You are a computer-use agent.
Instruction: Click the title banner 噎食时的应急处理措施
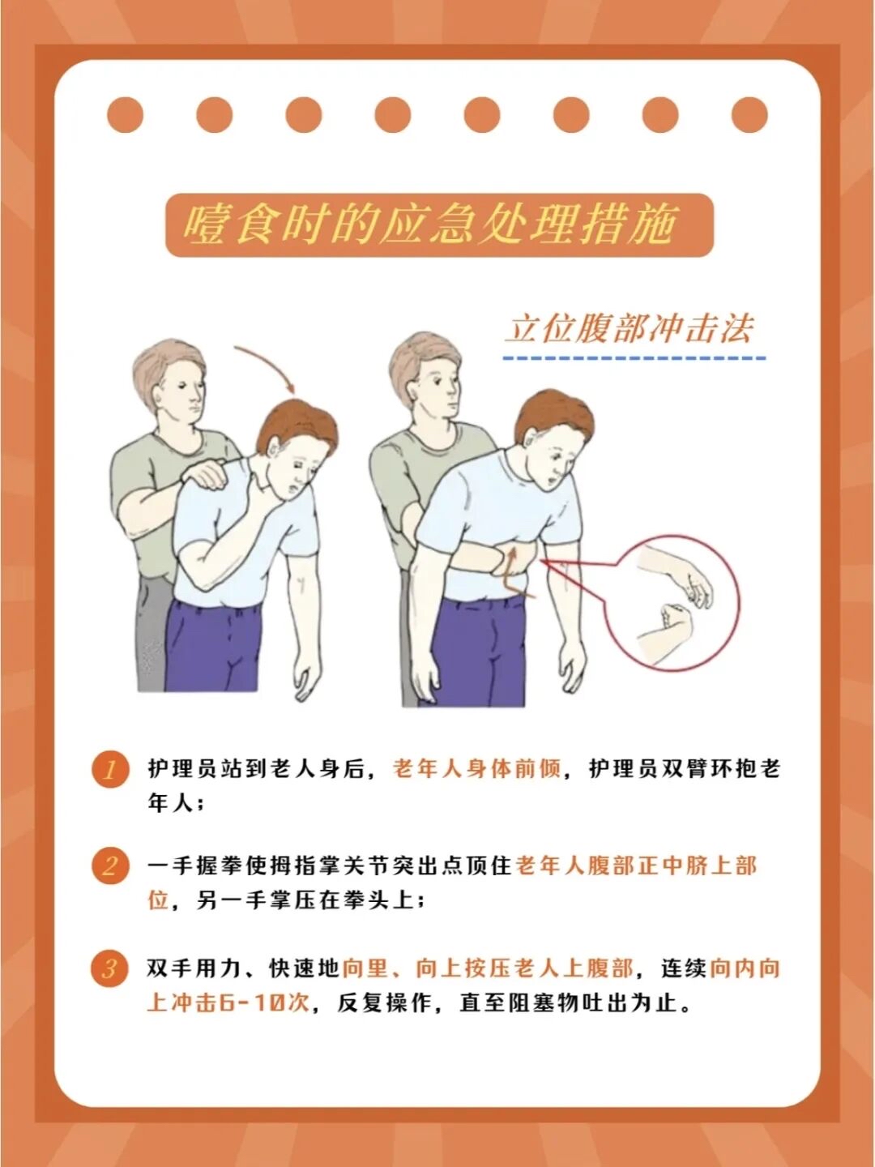439,225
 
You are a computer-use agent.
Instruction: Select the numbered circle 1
110,770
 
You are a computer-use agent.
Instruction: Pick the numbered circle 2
110,866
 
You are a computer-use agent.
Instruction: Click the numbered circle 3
110,968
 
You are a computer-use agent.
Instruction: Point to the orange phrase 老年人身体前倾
476,769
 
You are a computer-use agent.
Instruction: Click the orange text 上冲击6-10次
228,1003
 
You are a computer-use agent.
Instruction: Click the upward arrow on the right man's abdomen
511,569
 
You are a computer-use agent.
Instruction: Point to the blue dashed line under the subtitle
634,358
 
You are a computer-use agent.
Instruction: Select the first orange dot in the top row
126,114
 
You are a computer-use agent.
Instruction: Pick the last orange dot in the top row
749,114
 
